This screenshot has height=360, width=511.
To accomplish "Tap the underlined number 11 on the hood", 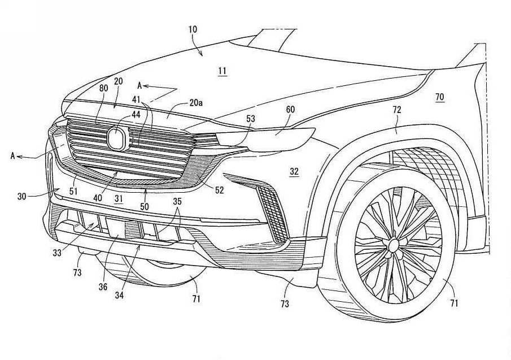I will tap(222, 71).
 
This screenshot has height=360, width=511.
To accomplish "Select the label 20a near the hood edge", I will tap(195, 103).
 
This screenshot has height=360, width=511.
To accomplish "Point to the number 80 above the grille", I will tap(103, 88).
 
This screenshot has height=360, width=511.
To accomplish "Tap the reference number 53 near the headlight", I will tap(251, 119).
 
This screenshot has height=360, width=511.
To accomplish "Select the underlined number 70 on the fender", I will tap(439, 97).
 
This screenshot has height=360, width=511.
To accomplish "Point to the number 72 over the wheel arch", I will tap(397, 110).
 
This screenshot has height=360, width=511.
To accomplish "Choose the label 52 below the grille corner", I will tap(219, 190).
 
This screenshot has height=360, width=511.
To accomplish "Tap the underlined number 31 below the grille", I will tap(119, 198).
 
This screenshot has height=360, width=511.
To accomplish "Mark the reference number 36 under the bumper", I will tap(103, 287).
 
